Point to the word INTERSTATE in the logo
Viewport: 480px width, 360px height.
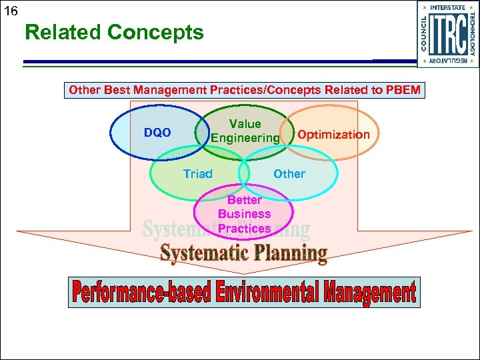tap(448, 8)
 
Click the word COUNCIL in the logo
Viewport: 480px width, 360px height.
tap(425, 33)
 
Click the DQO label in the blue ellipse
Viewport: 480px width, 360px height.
tap(157, 133)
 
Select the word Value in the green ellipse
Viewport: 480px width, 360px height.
tap(245, 124)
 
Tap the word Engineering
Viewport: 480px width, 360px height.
tap(245, 138)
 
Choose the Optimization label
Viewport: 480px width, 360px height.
tap(333, 135)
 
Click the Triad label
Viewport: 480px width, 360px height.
tap(198, 174)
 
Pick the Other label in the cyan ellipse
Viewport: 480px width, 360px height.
tap(289, 174)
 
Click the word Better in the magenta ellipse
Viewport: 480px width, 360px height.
tap(245, 200)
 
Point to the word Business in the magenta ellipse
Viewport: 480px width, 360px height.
tap(245, 214)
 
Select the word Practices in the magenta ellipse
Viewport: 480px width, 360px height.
tap(245, 228)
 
